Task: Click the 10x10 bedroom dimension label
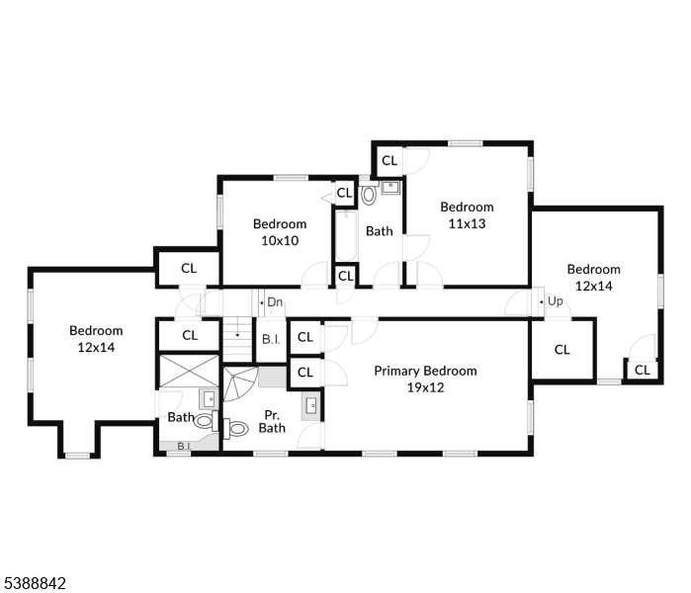[280, 240]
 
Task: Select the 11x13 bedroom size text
[467, 223]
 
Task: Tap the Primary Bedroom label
[425, 371]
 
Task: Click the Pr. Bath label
[272, 422]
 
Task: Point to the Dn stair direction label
[275, 301]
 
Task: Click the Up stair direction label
[555, 301]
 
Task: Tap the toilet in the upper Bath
[369, 195]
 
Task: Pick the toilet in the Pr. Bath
[237, 429]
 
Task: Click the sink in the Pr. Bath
[311, 404]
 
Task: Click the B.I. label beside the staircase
[270, 339]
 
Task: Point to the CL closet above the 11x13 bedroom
[389, 160]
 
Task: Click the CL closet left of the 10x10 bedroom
[188, 268]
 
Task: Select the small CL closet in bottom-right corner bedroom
[643, 370]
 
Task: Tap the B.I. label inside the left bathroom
[183, 447]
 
